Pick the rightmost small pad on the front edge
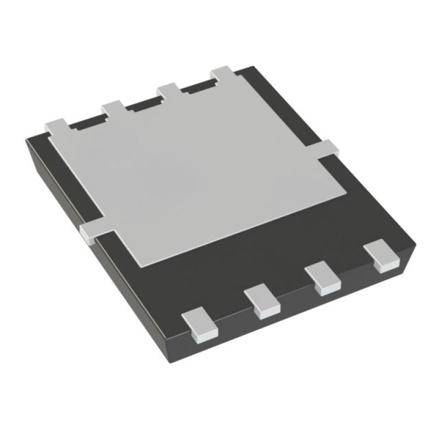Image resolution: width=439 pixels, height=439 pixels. tap(380, 255)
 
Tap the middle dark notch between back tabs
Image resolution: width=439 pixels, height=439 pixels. tap(145, 104)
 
